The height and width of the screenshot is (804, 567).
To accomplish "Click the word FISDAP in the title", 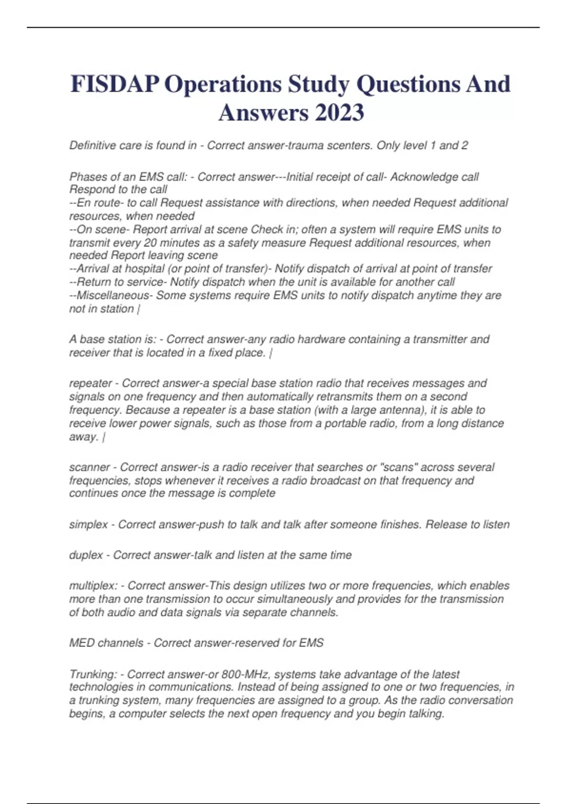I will click(115, 84).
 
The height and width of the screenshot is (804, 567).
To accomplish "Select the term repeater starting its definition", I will click(90, 384).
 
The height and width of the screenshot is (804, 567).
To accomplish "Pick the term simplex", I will click(88, 525).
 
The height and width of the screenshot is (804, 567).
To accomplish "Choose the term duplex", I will click(86, 555).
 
